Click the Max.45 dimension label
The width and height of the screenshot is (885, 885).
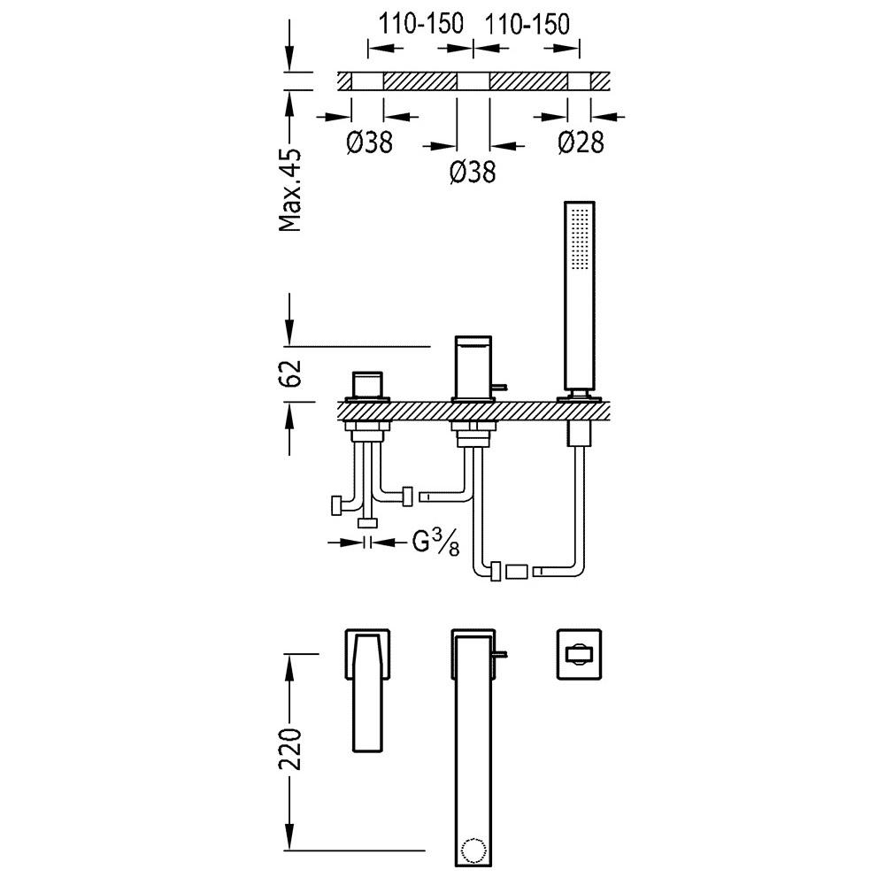(290, 191)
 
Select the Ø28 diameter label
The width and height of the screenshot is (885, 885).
(581, 142)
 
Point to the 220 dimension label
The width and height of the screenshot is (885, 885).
(290, 749)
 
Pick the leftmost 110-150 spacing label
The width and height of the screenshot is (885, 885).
(420, 24)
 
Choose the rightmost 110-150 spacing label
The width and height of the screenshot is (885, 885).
(527, 24)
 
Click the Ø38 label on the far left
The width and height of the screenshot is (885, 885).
(370, 142)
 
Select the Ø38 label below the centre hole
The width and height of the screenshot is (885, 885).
(473, 172)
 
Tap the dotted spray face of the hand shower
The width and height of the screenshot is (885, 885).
(581, 238)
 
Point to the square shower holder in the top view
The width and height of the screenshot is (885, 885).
(579, 654)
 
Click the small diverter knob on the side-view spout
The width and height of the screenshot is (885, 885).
(501, 388)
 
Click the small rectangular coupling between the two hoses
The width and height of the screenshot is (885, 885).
(517, 571)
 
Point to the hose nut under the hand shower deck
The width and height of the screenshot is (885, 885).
(579, 435)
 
